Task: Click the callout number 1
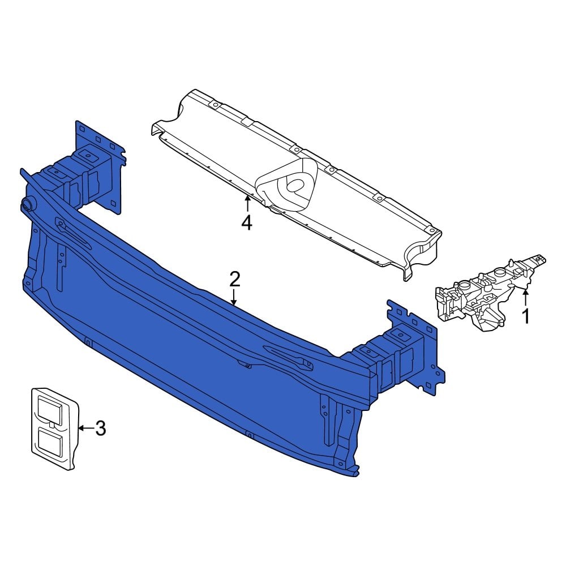point(526,316)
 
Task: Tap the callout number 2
point(235,279)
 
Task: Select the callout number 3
point(100,428)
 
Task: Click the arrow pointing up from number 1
point(526,297)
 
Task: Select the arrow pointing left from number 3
point(84,428)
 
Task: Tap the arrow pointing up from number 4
point(247,204)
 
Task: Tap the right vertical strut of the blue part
point(327,422)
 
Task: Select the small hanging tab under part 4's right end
point(408,273)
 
